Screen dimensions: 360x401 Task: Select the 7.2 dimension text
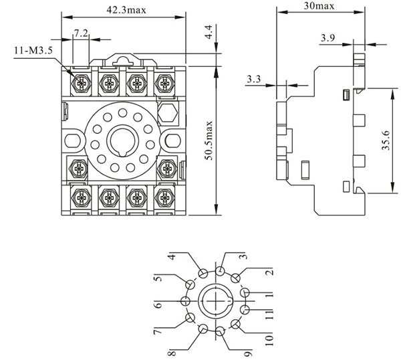[x=80, y=33]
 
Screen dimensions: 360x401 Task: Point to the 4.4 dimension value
[x=209, y=31]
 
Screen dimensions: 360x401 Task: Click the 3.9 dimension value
[x=327, y=38]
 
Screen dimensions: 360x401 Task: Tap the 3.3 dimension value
[x=253, y=79]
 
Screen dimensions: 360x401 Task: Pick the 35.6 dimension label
[x=386, y=141]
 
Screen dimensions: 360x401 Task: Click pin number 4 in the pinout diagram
[x=171, y=257]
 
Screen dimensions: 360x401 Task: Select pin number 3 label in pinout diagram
[x=244, y=256]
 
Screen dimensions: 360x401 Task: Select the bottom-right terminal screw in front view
[x=164, y=197]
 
